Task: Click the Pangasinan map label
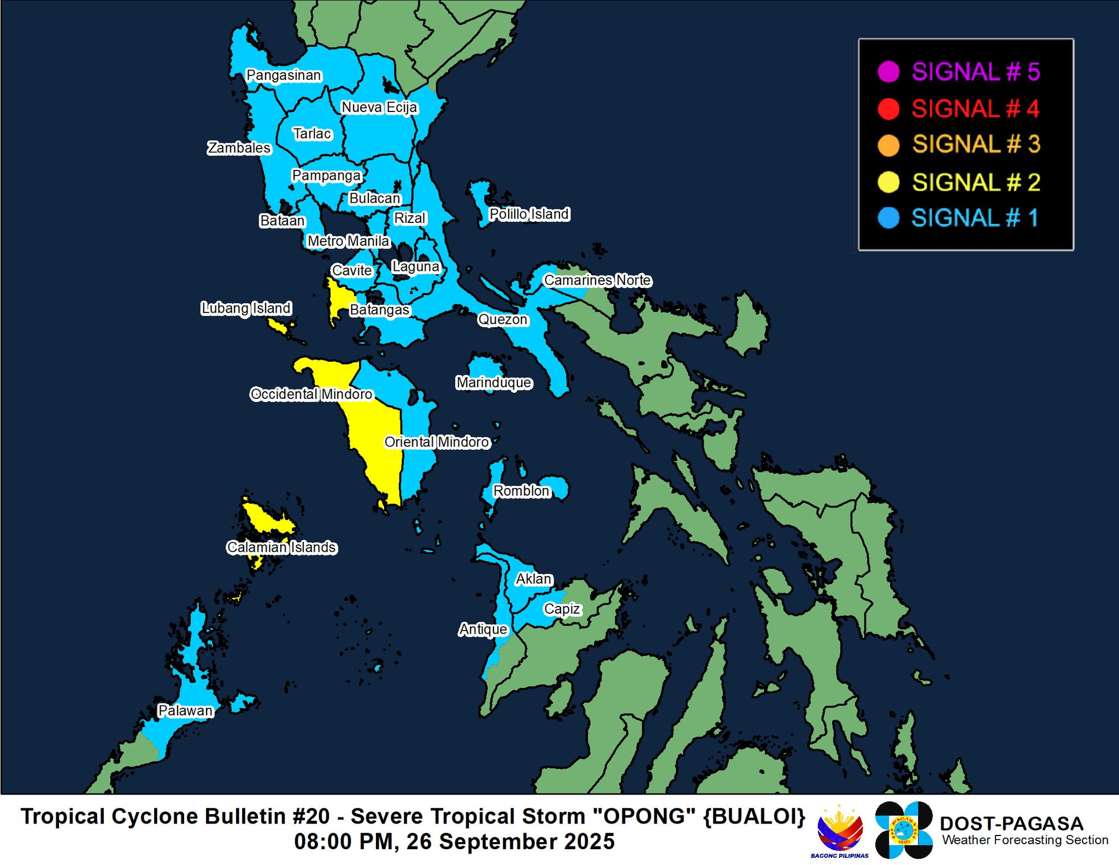[284, 75]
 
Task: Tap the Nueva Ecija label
[379, 108]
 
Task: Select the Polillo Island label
[529, 214]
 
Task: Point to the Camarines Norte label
[597, 280]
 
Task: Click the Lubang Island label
[246, 308]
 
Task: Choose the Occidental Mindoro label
[311, 394]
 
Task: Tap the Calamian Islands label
[281, 547]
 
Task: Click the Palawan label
[185, 710]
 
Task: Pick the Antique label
[483, 629]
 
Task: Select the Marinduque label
[494, 383]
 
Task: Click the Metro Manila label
[348, 241]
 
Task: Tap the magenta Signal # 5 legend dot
[888, 72]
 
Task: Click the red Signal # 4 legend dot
[888, 109]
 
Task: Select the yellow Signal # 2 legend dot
[888, 182]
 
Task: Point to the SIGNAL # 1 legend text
[975, 218]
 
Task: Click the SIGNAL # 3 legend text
[976, 145]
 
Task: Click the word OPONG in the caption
[640, 817]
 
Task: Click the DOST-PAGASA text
[1011, 823]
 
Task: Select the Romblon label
[521, 491]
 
